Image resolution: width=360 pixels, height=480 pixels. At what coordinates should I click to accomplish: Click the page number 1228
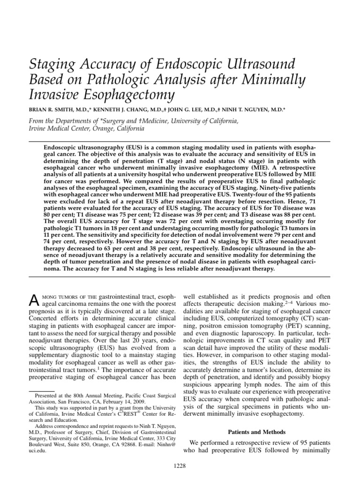point(180,465)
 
